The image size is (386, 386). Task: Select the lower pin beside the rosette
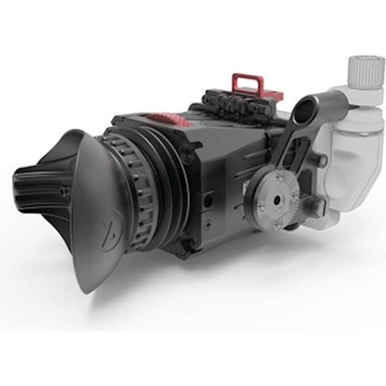click(319, 203)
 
